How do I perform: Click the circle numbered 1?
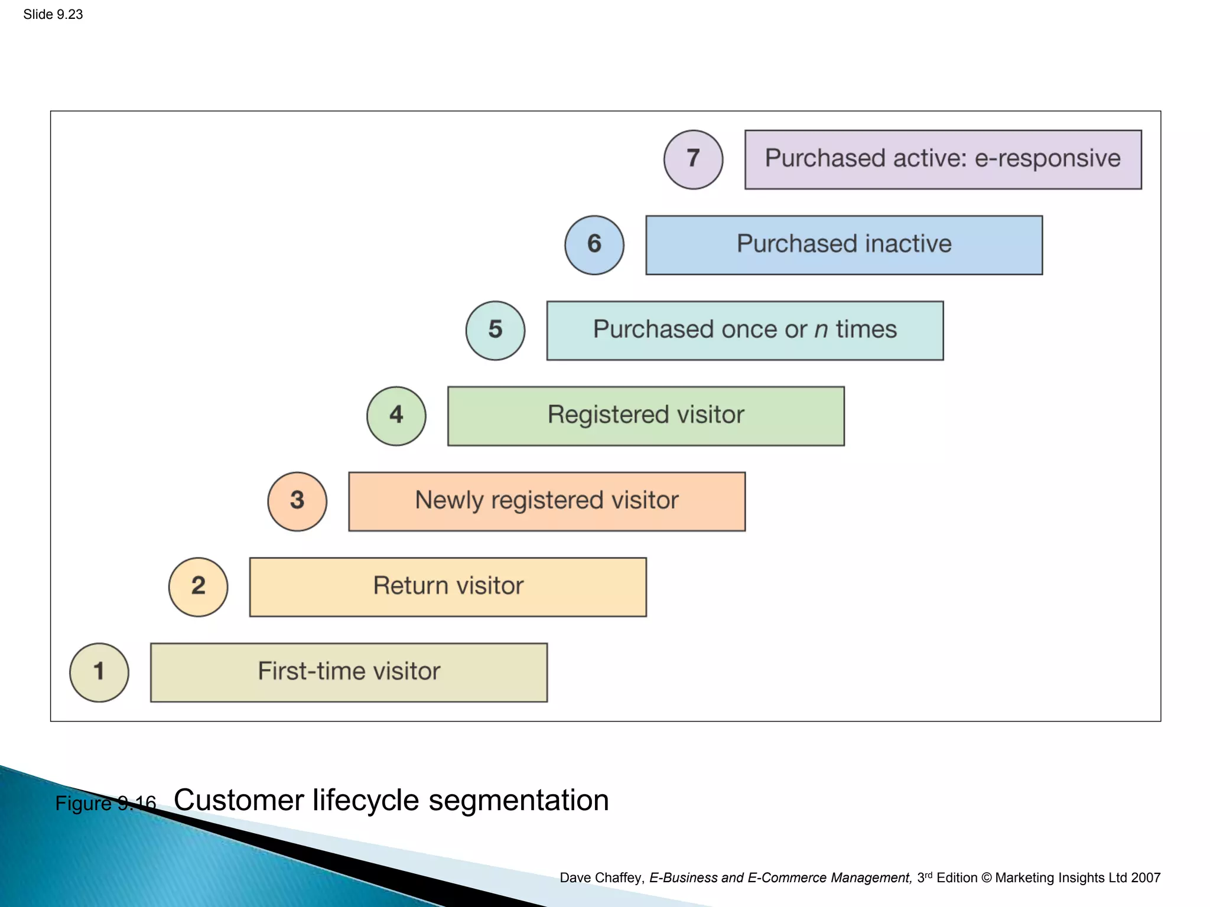click(x=99, y=673)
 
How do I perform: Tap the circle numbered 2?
click(x=199, y=587)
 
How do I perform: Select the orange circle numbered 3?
click(x=297, y=501)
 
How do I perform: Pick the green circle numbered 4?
click(x=396, y=416)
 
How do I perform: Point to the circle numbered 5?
click(x=495, y=331)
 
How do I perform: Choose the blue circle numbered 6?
click(x=594, y=245)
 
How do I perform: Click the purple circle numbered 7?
click(x=694, y=159)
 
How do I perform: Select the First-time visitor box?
click(x=349, y=673)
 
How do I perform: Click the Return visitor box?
click(x=448, y=587)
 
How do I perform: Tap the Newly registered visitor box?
click(x=547, y=501)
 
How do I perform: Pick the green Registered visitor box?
click(x=646, y=416)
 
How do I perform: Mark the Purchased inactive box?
click(x=844, y=245)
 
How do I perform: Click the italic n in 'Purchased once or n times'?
click(x=821, y=331)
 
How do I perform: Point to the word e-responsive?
click(x=1047, y=159)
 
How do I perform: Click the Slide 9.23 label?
click(x=53, y=14)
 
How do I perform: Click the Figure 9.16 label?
click(x=105, y=804)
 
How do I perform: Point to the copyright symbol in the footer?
click(x=986, y=878)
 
